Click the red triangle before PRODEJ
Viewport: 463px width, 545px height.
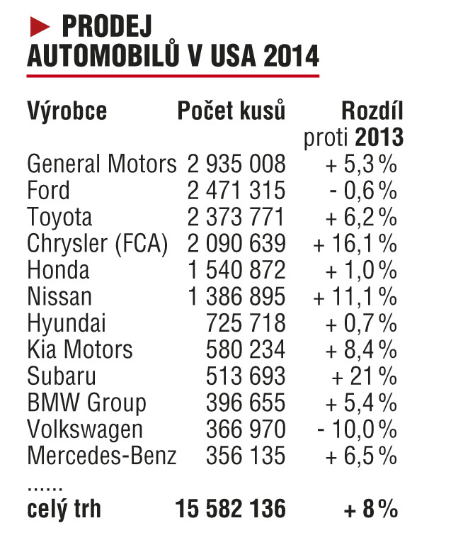[41, 26]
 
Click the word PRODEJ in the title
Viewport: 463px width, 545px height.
[107, 27]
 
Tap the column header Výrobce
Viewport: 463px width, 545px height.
[67, 111]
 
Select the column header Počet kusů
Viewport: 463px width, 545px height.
[232, 111]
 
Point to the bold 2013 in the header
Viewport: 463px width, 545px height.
[379, 137]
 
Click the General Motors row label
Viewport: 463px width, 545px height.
[101, 164]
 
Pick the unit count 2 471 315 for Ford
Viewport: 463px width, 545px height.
[236, 191]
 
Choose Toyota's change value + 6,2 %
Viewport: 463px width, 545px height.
[361, 217]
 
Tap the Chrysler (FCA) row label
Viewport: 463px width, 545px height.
[98, 244]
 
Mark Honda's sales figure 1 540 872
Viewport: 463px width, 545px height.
[236, 270]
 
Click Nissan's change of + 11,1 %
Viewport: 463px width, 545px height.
[355, 297]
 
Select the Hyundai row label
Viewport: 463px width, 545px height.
[67, 323]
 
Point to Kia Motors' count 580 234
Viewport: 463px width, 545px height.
[245, 349]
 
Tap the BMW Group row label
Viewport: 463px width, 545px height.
[86, 403]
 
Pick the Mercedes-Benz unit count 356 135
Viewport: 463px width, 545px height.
[245, 456]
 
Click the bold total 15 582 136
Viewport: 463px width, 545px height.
[231, 508]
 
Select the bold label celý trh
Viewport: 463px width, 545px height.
[64, 508]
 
